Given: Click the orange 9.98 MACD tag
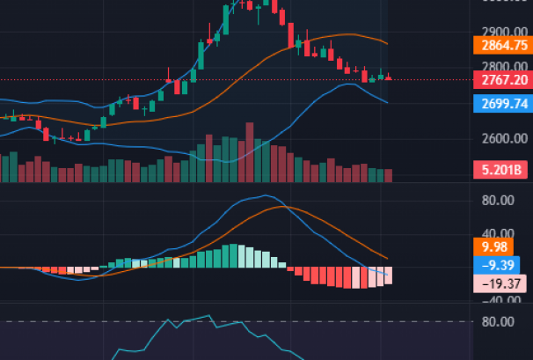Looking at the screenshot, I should pyautogui.click(x=491, y=246).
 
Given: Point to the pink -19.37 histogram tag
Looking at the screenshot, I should pyautogui.click(x=498, y=283).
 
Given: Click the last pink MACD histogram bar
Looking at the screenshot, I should pyautogui.click(x=387, y=276).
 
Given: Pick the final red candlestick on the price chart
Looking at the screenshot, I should pyautogui.click(x=388, y=78).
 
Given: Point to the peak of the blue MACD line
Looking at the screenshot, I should pyautogui.click(x=265, y=195).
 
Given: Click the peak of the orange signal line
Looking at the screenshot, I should pyautogui.click(x=282, y=206).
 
